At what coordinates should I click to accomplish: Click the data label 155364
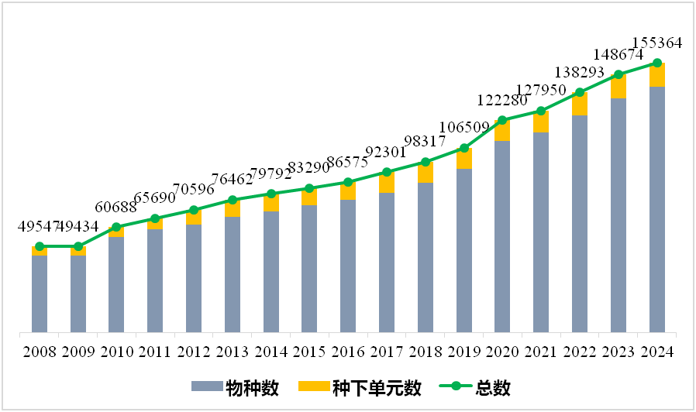[x=656, y=43]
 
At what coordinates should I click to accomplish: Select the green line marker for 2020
[x=502, y=120]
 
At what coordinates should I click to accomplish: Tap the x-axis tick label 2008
[x=40, y=352]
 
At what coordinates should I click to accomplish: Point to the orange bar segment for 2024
[x=657, y=74]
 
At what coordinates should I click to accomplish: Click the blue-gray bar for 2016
[x=348, y=266]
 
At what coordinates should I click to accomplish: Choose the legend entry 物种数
[x=236, y=388]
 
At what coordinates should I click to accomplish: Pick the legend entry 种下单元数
[x=360, y=388]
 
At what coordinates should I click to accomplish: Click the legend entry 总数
[x=475, y=388]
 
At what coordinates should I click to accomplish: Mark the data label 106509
[x=464, y=127]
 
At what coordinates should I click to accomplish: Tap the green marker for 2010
[x=116, y=228]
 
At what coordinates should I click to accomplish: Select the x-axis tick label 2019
[x=463, y=352]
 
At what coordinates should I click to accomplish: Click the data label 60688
[x=115, y=207]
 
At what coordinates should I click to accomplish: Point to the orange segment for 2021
[x=541, y=122]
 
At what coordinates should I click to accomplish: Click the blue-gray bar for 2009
[x=78, y=294]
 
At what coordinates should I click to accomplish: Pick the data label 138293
[x=580, y=72]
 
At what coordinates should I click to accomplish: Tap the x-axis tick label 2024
[x=657, y=352]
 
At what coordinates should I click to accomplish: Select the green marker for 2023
[x=618, y=74]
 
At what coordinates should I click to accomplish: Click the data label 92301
[x=386, y=153]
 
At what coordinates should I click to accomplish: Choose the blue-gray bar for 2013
[x=233, y=274]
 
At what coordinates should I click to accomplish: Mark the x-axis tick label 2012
[x=194, y=352]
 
